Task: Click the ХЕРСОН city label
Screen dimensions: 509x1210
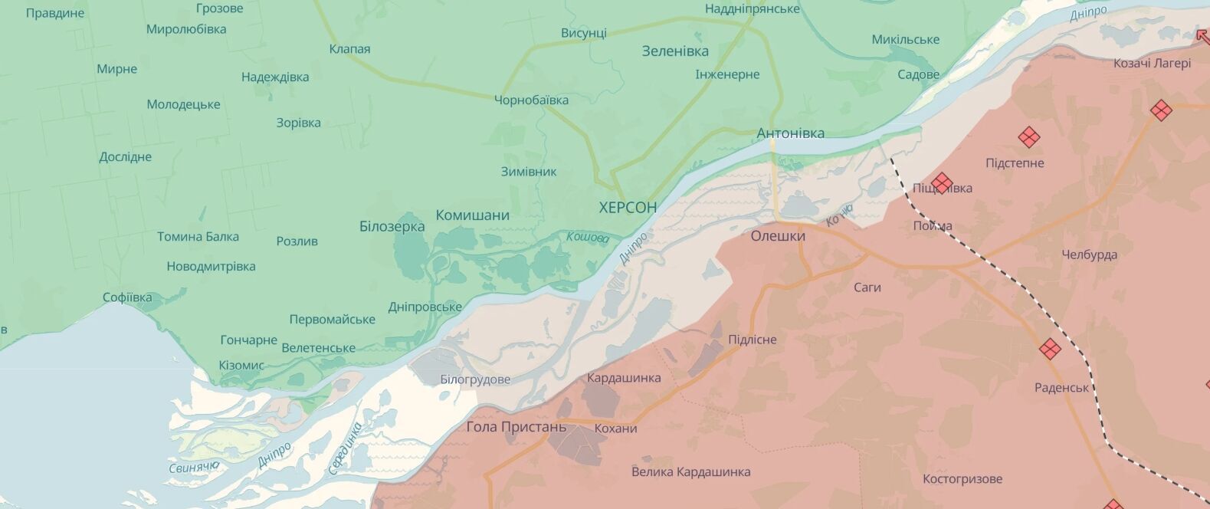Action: pos(628,208)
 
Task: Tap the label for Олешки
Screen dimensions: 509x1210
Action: pos(778,236)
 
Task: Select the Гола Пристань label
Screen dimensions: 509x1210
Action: pos(516,427)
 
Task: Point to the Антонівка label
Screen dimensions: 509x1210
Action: pos(790,133)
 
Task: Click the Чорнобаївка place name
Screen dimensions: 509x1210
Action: pos(531,100)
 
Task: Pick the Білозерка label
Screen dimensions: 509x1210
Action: pos(392,227)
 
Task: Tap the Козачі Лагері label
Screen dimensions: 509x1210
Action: pos(1152,64)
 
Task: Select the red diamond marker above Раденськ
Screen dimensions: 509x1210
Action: pos(1050,349)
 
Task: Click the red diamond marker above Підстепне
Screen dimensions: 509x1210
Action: pos(1028,138)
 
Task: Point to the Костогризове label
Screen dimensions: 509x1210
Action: pos(962,479)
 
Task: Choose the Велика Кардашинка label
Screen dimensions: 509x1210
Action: pos(690,472)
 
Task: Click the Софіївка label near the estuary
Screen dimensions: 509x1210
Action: pos(127,297)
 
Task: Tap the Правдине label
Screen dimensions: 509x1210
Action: pos(55,14)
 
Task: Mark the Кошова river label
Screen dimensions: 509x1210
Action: pos(587,238)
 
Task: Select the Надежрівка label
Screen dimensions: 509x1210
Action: pos(275,77)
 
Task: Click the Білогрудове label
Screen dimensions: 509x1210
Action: pos(475,379)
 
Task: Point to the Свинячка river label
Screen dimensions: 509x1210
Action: pos(194,466)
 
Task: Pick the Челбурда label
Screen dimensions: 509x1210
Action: pos(1089,255)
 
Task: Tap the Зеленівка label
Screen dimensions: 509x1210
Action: pos(674,51)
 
